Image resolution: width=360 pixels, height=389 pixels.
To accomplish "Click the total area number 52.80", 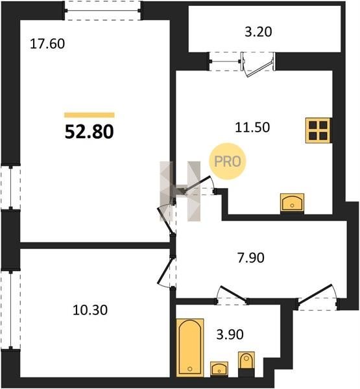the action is pos(89,132).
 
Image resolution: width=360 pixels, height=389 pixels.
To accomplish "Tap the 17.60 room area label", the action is pos(47,44).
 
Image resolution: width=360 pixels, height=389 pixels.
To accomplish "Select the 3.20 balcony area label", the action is pos(258,32).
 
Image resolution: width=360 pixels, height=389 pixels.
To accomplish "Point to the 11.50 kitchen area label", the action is pos(252,127).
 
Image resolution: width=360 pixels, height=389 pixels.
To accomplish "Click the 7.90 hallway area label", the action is pos(251,258).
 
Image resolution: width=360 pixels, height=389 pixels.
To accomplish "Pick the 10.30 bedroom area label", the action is pos(90,310).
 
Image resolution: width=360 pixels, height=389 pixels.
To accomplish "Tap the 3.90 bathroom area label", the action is pos(230,335).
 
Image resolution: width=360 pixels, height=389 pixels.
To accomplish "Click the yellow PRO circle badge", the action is pos(228,161).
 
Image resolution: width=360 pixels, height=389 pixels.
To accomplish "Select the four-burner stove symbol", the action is pos(318,130).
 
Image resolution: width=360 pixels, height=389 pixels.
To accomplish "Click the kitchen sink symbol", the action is pos(292,203).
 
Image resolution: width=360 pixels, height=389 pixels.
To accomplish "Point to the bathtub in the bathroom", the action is pos(190,347).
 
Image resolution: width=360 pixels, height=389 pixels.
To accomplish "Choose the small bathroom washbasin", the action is pos(219,369).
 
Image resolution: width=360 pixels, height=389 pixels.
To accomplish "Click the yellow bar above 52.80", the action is pos(90,115).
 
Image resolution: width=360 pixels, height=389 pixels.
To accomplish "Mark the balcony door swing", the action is pos(258,65).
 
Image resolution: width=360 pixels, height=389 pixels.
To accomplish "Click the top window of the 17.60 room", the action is pos(103,10).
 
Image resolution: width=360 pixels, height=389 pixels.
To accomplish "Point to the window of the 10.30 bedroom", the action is pos(10,310).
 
